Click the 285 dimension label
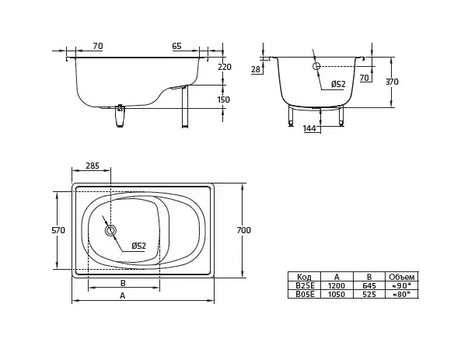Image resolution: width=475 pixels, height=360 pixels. pos(93,166)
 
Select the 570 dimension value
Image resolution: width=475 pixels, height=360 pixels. pos(58,230)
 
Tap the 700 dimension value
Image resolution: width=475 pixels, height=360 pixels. pos(244,230)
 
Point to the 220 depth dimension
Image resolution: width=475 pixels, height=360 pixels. pos(225,67)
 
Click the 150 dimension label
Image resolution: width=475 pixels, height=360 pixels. pos(224,100)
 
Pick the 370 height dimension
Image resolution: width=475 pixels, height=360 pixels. pos(392,82)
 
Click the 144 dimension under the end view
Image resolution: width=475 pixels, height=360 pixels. pos(309,128)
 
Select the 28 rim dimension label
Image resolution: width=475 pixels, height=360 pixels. pos(256,70)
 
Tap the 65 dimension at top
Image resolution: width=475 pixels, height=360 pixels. pos(177,46)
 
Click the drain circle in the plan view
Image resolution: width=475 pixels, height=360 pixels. pos(110,231)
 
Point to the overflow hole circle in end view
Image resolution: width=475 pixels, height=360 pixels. pos(316,66)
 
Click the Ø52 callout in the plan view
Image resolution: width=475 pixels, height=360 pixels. pos(138,246)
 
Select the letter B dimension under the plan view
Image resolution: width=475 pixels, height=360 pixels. pos(123,283)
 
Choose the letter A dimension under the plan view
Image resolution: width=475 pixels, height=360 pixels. pos(122,295)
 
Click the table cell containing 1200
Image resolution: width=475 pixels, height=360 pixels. pos(337,286)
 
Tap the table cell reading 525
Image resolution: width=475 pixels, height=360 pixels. pos(369,294)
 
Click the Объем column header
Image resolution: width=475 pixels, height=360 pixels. pos(402,277)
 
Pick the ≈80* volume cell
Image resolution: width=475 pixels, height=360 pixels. pos(402,294)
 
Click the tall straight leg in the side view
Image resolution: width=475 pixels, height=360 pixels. pos(185,107)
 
